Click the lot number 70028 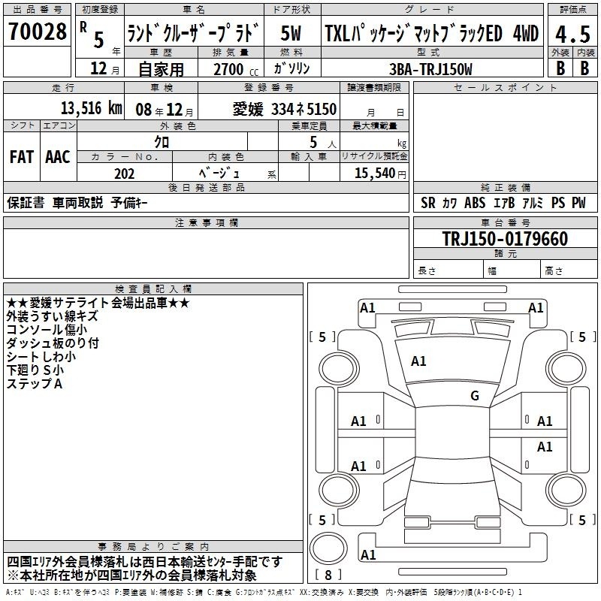tap(37, 31)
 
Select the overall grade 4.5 tap(572, 34)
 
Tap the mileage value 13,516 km tap(91, 108)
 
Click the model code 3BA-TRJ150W tap(430, 69)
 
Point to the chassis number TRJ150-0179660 tap(505, 238)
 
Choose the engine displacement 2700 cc tap(236, 69)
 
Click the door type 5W tap(291, 33)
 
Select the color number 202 tap(124, 174)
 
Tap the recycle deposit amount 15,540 tap(375, 173)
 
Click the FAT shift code tap(22, 157)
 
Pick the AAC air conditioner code tap(58, 157)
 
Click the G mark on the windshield tap(475, 395)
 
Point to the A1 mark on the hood tap(418, 361)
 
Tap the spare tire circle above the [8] tap(328, 548)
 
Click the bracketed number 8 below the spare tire tap(328, 575)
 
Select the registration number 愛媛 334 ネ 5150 tap(285, 109)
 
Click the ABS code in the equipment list tap(475, 202)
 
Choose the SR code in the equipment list tap(427, 202)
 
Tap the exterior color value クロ tap(162, 142)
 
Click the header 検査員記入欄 tap(153, 289)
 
